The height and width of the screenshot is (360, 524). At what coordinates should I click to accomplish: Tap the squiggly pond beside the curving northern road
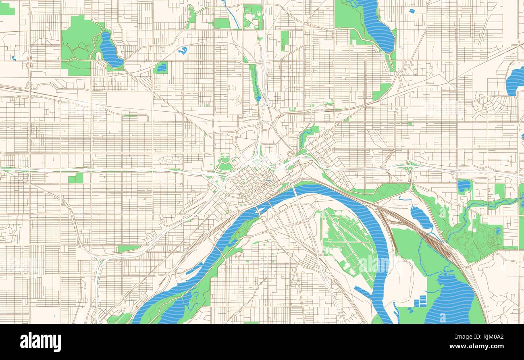(x=183, y=50)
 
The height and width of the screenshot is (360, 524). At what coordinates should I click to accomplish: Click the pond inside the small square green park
(x=161, y=68)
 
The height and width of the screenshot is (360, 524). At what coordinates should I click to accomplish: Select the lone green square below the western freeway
(x=76, y=178)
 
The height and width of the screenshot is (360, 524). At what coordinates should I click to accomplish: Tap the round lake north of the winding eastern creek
(x=464, y=186)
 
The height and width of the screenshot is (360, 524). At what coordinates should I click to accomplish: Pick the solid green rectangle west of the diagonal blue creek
(x=221, y=23)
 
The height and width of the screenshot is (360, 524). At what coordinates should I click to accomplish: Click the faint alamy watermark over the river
(x=375, y=264)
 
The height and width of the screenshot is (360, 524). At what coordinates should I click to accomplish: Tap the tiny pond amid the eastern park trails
(x=498, y=231)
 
